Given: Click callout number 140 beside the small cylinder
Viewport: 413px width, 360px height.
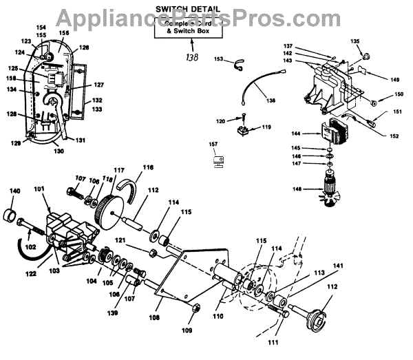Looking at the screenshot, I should (x=14, y=191).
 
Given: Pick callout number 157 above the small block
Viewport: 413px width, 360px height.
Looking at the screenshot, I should (x=213, y=145).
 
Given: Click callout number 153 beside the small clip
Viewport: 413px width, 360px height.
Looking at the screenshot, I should (x=219, y=60).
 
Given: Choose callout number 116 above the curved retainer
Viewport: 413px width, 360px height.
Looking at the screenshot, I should (x=148, y=167).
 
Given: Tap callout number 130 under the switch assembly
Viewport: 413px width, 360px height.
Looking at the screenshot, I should (x=60, y=151).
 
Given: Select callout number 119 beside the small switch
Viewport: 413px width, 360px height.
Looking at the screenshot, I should (x=266, y=127).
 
